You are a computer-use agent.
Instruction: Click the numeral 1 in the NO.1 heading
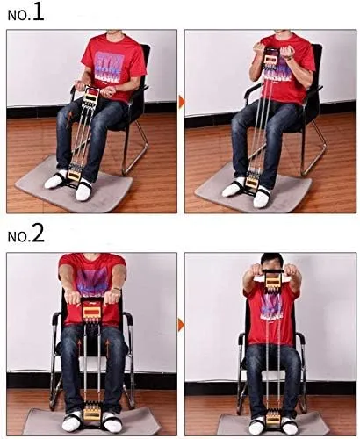point(39,12)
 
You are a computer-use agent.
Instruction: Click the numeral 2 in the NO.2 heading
point(39,234)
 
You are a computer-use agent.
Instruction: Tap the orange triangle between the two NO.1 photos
point(182,102)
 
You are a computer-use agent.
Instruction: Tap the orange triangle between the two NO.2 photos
point(182,325)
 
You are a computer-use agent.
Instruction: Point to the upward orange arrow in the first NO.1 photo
point(69,119)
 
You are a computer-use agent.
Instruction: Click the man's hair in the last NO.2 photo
point(272,259)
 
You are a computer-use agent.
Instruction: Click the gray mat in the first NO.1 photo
point(73,187)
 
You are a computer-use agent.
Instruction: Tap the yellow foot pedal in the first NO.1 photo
point(74,175)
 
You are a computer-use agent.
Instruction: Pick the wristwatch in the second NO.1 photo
point(290,58)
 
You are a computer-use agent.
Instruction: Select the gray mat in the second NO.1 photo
point(253,191)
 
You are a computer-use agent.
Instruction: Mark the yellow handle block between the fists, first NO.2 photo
point(91,311)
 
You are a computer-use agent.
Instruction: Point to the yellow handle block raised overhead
point(273,282)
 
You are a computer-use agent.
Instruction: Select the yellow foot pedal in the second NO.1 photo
point(251,182)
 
